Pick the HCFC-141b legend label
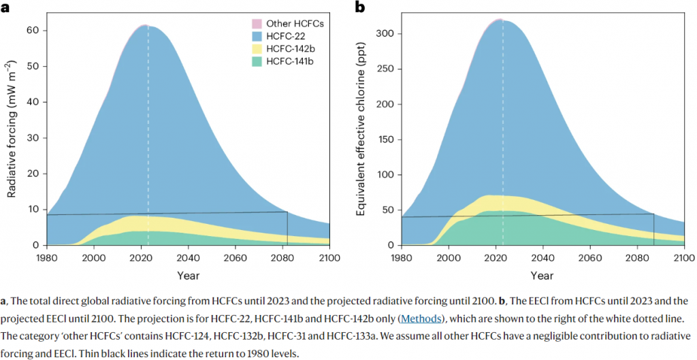286,62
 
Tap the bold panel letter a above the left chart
5,7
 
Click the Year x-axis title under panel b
542,276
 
